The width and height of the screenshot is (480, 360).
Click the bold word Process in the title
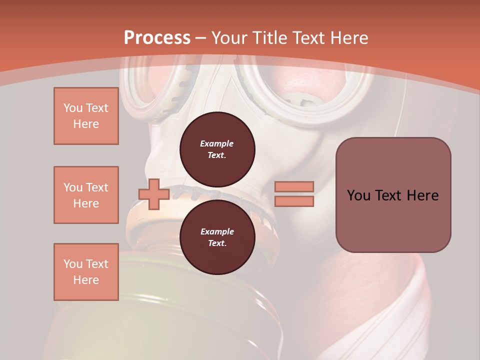coord(157,37)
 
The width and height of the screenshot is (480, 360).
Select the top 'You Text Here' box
coord(86,116)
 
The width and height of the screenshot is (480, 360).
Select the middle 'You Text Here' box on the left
coord(86,195)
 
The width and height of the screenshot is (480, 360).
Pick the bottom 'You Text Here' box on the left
coord(86,272)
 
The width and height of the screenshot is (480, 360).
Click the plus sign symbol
coord(154,194)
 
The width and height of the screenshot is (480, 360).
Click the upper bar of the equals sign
coord(294,186)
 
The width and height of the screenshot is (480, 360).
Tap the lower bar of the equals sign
coord(294,201)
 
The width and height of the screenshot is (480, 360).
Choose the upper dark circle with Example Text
coord(217,149)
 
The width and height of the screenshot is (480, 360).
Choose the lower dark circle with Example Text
coord(217,237)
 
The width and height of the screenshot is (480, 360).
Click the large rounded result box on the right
coord(393,195)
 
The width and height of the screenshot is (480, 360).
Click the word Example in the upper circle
coord(217,143)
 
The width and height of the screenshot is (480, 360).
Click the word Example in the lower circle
coord(217,231)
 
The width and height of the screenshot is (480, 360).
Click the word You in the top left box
coord(73,108)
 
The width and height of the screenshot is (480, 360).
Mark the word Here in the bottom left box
coord(86,280)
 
